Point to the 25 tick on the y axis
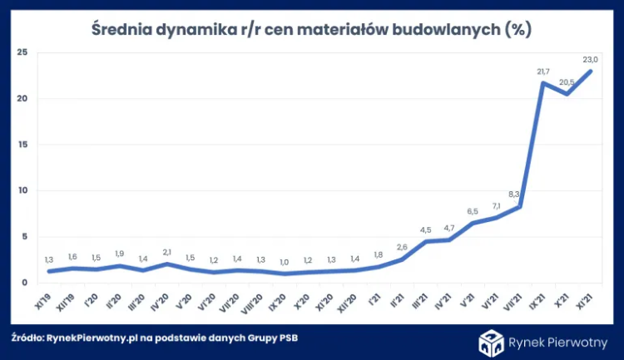pyautogui.click(x=22, y=52)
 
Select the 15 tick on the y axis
pyautogui.click(x=22, y=145)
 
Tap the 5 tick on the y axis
pyautogui.click(x=25, y=236)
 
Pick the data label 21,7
pyautogui.click(x=543, y=71)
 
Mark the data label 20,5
pyautogui.click(x=567, y=81)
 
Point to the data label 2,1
pyautogui.click(x=167, y=251)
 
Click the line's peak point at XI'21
pyautogui.click(x=591, y=72)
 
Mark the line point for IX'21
pyautogui.click(x=543, y=83)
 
